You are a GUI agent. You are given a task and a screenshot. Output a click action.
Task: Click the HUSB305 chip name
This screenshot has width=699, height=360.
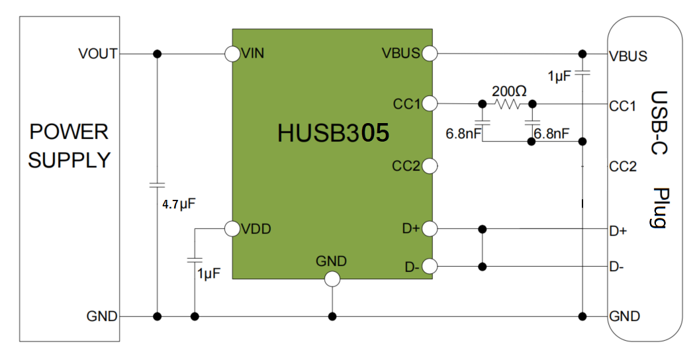[333, 134]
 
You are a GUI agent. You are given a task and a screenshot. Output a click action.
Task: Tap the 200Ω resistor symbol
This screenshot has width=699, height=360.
[508, 104]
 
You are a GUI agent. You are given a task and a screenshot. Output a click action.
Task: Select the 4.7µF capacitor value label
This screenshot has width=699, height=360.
[179, 204]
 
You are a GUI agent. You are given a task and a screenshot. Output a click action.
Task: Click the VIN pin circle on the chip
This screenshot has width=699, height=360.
[232, 54]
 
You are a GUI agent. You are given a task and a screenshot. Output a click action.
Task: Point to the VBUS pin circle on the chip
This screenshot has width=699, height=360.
[428, 54]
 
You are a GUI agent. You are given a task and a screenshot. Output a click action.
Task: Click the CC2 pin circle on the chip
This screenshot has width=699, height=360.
[428, 166]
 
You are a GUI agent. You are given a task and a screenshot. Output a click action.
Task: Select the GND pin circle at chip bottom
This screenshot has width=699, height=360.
[332, 279]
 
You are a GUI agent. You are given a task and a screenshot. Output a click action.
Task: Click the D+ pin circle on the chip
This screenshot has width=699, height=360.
[428, 229]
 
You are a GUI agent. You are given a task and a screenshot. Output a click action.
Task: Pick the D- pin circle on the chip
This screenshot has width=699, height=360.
[428, 267]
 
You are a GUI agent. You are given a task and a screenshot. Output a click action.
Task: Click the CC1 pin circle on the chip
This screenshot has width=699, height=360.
[428, 104]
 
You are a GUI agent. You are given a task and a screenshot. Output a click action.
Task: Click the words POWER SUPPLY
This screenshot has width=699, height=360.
[69, 146]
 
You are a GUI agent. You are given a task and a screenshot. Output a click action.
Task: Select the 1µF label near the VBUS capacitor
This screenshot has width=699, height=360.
[559, 77]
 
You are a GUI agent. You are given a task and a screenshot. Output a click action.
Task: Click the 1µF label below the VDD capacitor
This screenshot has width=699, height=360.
[209, 273]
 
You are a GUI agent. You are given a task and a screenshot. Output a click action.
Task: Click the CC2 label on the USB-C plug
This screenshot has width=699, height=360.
[622, 167]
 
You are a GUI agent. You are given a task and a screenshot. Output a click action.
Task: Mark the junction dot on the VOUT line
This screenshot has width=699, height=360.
[158, 54]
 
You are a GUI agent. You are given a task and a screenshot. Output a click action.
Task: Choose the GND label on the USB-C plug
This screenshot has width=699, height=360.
[624, 316]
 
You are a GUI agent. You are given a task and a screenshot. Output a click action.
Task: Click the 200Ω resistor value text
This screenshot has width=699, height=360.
[508, 91]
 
